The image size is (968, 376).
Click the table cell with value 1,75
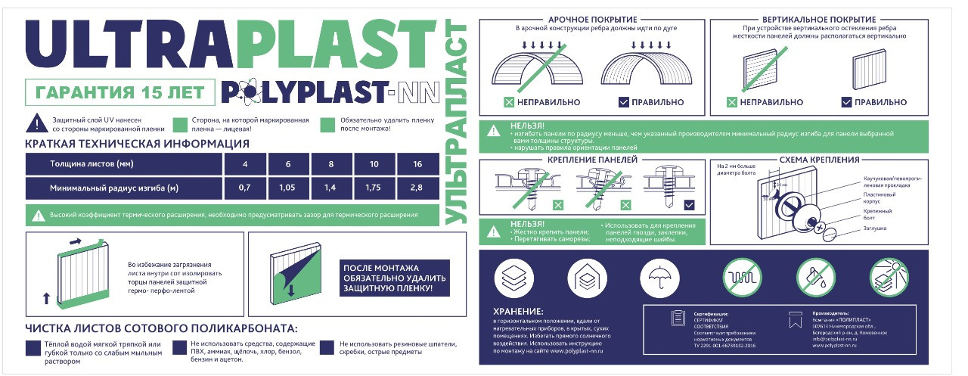374,187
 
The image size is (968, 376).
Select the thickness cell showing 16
417,163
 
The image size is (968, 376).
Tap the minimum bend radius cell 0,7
244,187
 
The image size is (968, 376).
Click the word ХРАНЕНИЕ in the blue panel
518,311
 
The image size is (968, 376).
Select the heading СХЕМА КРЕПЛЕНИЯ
820,160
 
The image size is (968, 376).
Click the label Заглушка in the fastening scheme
874,228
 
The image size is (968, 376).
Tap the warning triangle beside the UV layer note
34,124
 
